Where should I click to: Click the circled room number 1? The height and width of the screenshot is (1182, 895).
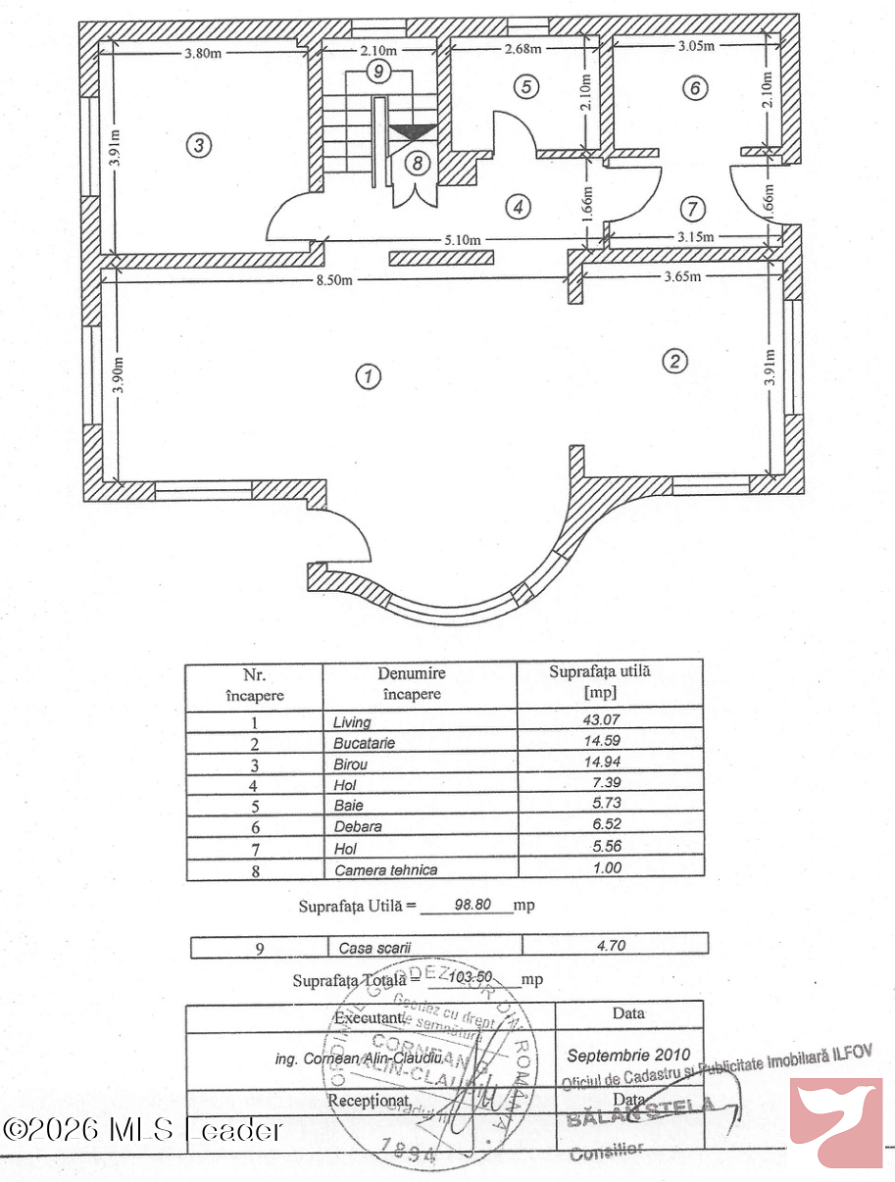click(x=368, y=376)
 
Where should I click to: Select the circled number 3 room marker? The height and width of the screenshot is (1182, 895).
click(x=199, y=146)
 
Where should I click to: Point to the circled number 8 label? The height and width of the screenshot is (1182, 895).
click(x=418, y=164)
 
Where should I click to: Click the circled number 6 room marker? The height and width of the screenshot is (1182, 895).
click(x=695, y=88)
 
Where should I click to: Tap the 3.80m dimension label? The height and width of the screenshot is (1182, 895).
click(x=202, y=53)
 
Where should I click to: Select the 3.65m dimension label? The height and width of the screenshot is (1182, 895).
click(x=682, y=276)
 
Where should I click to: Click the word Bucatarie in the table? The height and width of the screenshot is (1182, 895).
click(x=364, y=743)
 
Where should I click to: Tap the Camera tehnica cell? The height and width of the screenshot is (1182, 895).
click(x=386, y=869)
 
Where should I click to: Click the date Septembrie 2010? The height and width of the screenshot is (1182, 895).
click(x=628, y=1056)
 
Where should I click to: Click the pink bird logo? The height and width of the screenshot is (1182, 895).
click(x=836, y=1123)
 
